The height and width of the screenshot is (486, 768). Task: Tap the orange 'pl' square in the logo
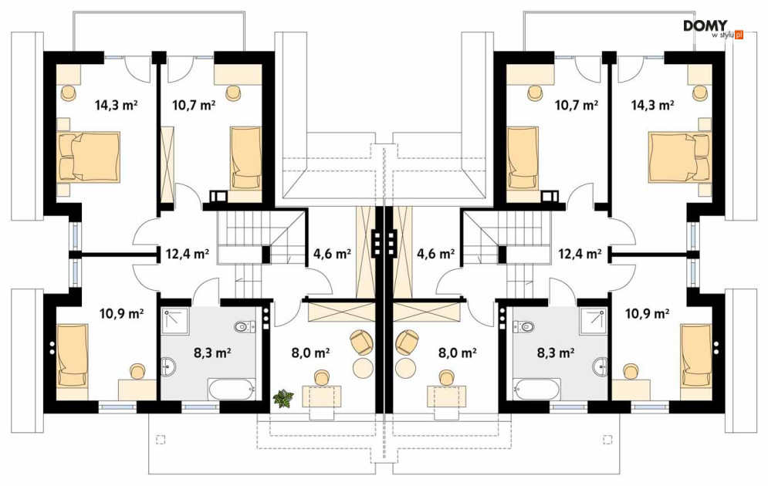739,35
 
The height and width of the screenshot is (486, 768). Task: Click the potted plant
283,398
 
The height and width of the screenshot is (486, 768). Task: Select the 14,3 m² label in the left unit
116,104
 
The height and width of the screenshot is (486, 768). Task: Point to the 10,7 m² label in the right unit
576,104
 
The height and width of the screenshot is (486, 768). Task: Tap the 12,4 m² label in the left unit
188,254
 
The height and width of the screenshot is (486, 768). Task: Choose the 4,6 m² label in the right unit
435,254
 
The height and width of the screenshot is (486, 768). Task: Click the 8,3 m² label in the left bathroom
212,352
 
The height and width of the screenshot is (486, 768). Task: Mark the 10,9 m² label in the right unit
648,312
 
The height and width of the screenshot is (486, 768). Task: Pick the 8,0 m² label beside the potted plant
310,352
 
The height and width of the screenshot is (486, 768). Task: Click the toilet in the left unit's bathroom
245,326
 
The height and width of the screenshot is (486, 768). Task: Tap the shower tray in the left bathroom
176,321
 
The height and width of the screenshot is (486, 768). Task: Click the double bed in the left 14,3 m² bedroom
89,157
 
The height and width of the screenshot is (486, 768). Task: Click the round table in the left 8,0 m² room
363,367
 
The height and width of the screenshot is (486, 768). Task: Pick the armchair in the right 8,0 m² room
407,342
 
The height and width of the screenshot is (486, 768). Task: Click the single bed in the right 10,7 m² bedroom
523,157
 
